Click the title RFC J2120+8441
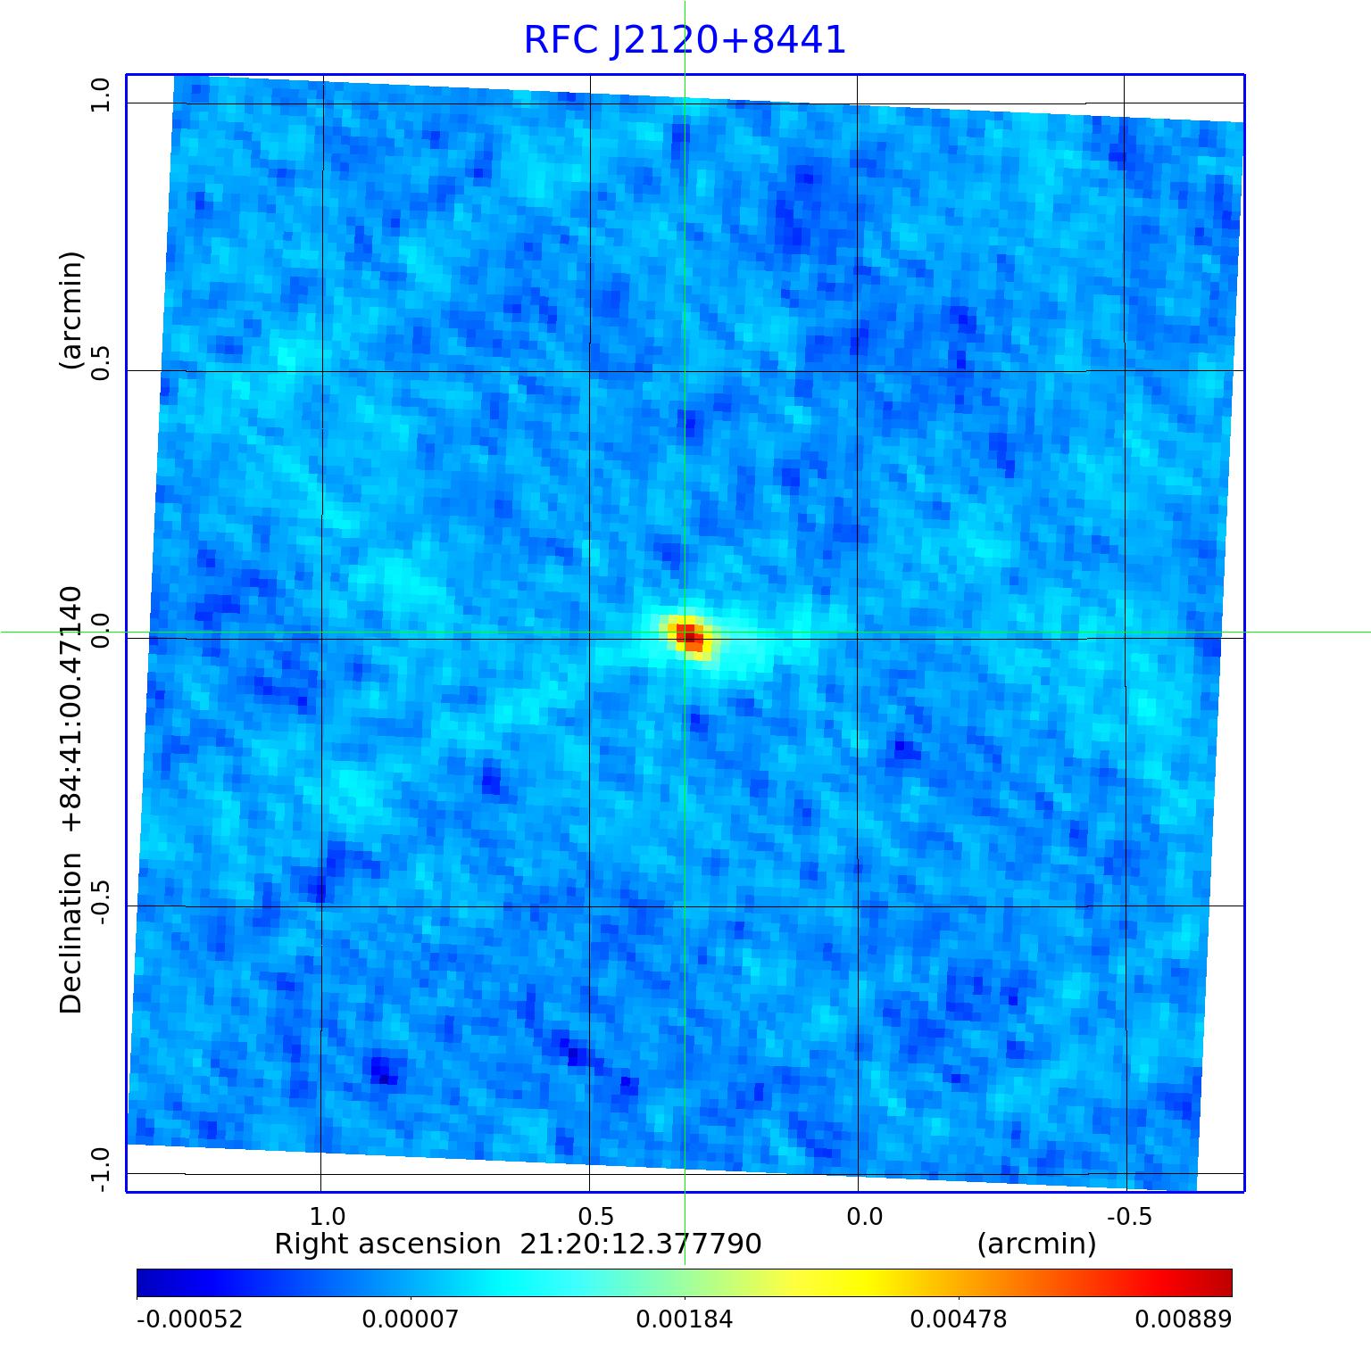tap(685, 40)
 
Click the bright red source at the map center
tap(689, 636)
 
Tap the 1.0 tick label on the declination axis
tap(99, 95)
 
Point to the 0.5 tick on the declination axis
tap(99, 362)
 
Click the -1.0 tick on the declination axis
tap(99, 1169)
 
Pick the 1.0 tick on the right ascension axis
tap(327, 1217)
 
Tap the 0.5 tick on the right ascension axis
tap(595, 1217)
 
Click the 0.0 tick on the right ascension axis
tap(864, 1217)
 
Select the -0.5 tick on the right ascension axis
tap(1128, 1217)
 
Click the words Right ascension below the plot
tap(387, 1245)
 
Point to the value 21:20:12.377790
tap(641, 1245)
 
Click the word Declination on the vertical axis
tap(71, 933)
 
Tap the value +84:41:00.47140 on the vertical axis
tap(71, 710)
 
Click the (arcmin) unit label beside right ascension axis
tap(1036, 1245)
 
